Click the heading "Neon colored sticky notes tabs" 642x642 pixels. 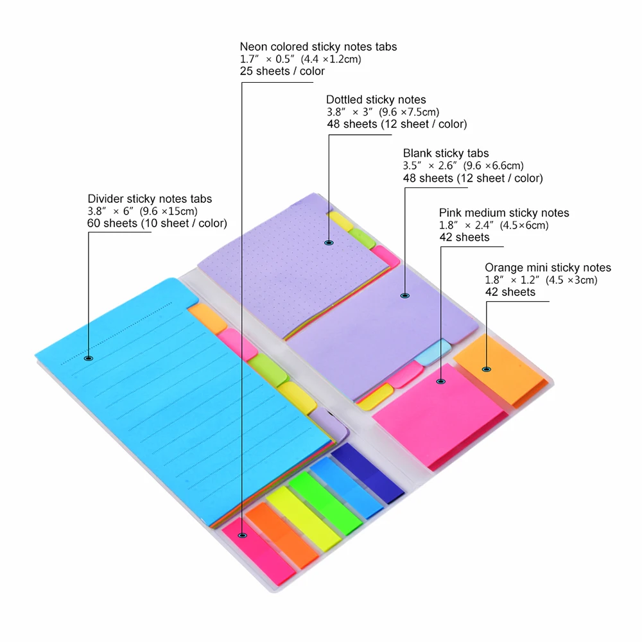tap(318, 47)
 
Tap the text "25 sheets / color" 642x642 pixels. tap(282, 71)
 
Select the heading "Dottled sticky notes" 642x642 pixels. tap(376, 100)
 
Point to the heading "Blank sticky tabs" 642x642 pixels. tap(446, 153)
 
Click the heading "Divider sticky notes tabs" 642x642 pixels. tap(150, 198)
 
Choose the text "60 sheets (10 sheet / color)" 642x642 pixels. tap(157, 223)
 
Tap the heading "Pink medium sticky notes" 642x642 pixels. tap(504, 213)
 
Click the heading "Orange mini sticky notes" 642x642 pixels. tap(548, 268)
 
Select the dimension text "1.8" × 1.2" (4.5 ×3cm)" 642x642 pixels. tap(541, 280)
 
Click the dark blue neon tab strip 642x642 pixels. tap(367, 473)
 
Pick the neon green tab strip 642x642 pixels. tap(325, 503)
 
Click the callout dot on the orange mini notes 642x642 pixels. tap(487, 369)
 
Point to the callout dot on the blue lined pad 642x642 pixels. tap(89, 358)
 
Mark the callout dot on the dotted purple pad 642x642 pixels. tap(329, 243)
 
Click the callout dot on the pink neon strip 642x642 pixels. tap(243, 535)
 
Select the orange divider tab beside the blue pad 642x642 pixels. tap(207, 318)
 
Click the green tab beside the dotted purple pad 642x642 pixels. tap(362, 238)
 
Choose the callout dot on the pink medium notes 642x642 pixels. tap(440, 381)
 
